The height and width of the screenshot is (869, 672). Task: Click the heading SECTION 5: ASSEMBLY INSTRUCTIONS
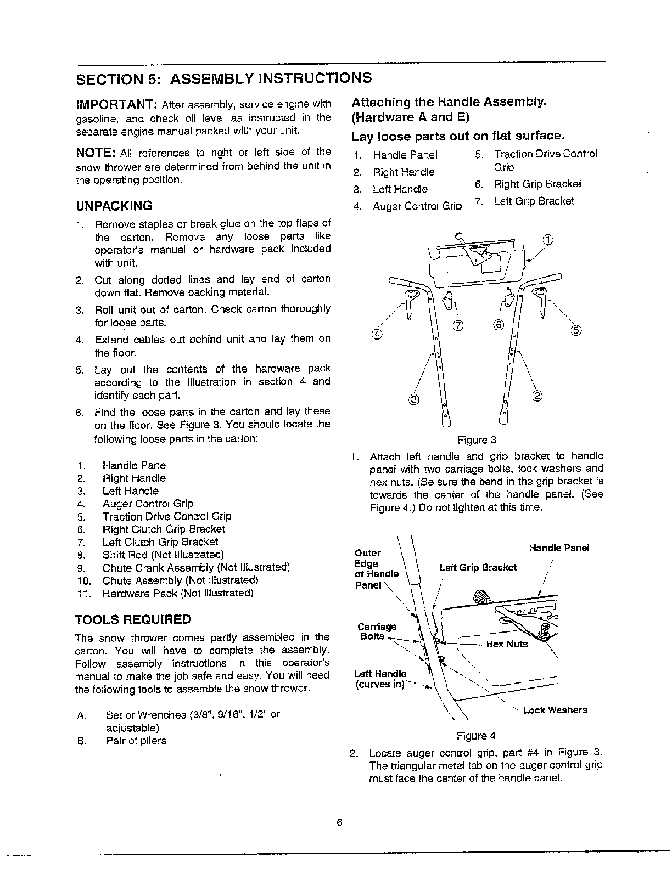[x=223, y=78]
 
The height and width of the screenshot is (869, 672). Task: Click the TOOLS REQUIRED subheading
[x=133, y=620]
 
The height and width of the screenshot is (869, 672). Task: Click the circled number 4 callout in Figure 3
[x=377, y=333]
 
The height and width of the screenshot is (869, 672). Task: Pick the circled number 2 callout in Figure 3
[x=537, y=397]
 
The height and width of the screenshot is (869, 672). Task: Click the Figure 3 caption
[x=477, y=440]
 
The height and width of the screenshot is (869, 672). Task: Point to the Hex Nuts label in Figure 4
[x=507, y=644]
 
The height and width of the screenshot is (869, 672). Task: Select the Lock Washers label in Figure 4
[x=555, y=710]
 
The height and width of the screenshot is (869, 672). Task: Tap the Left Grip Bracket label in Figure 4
[x=478, y=568]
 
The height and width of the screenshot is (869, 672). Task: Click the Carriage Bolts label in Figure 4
[x=377, y=631]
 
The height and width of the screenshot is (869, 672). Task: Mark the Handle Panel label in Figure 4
[x=559, y=548]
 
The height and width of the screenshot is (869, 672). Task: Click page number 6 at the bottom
[x=340, y=822]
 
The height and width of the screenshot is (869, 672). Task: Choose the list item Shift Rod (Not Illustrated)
[x=163, y=555]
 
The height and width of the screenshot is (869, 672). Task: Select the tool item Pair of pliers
[x=136, y=741]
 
